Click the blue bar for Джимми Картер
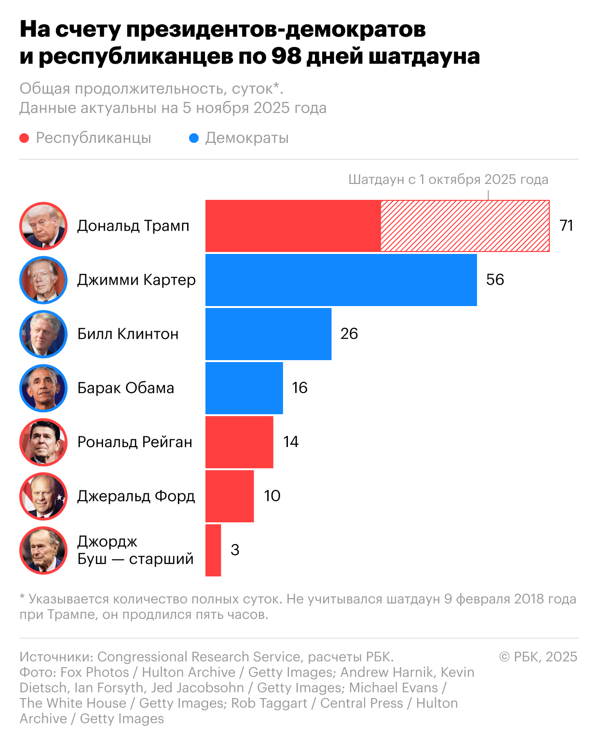(x=341, y=280)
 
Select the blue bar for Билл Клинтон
(x=268, y=334)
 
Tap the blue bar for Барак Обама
(x=244, y=388)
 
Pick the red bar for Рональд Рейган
(x=239, y=442)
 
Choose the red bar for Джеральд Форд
(x=230, y=496)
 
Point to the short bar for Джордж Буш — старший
(x=213, y=550)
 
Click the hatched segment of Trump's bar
(x=465, y=226)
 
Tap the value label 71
(x=566, y=225)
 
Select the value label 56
(x=495, y=280)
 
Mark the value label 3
(x=235, y=550)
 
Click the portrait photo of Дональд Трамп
(x=43, y=226)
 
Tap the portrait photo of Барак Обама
(x=43, y=388)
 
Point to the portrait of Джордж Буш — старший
(x=43, y=550)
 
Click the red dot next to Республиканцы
(x=24, y=139)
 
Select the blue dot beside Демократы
(x=194, y=139)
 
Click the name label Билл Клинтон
(x=128, y=334)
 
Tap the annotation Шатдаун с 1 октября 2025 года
(x=448, y=180)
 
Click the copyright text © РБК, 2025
(x=538, y=657)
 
